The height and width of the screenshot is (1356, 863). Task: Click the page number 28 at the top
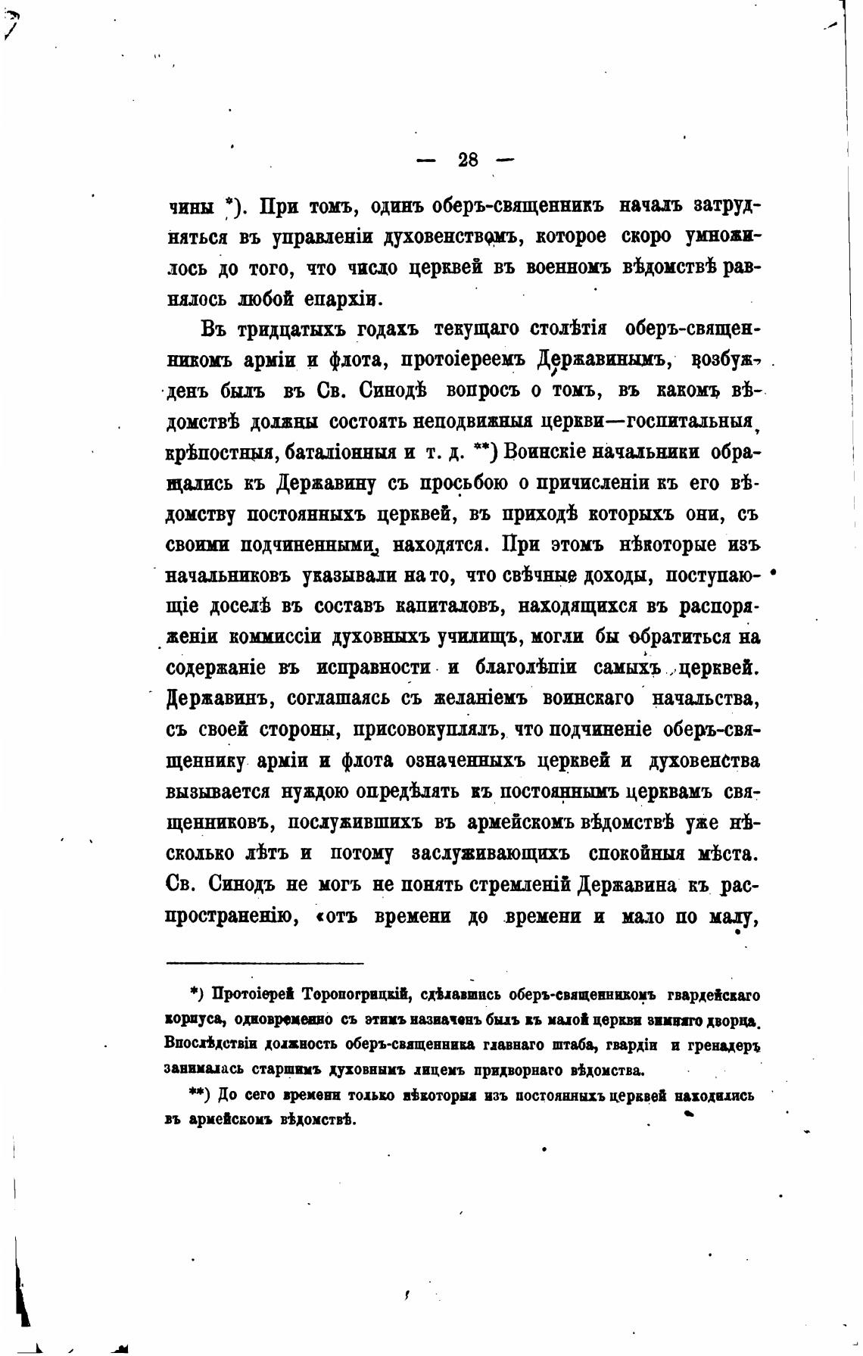468,160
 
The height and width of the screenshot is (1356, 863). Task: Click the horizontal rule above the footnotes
264,963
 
